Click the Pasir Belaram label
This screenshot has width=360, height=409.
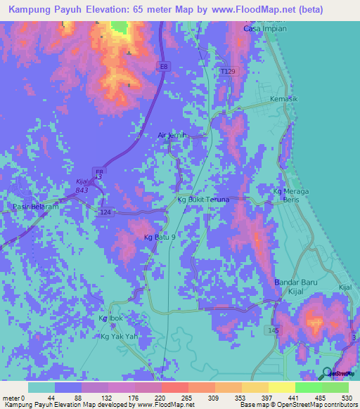tap(34, 207)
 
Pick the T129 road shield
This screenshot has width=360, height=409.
tap(228, 72)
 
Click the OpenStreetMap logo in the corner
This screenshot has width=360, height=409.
tap(337, 373)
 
